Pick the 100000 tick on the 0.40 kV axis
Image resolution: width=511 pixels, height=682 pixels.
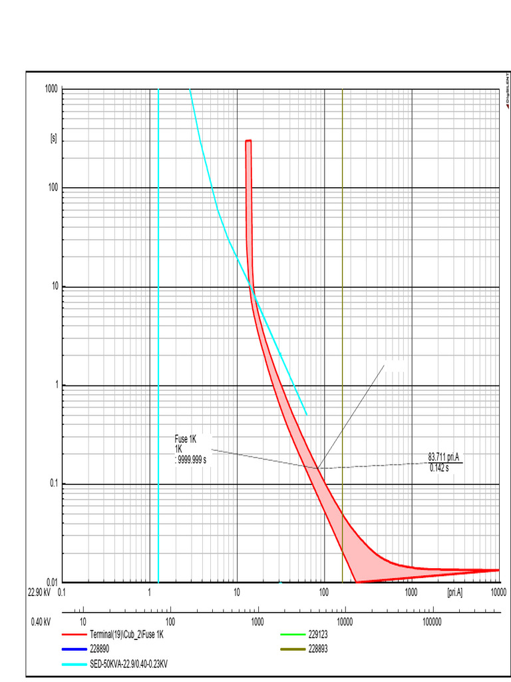[x=432, y=622]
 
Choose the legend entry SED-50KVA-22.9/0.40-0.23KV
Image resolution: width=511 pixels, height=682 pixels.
[x=129, y=664]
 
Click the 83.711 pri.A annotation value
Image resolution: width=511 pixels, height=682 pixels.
[x=444, y=457]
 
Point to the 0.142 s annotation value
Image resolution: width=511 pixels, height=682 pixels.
[x=439, y=467]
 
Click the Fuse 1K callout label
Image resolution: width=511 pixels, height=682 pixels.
[x=186, y=440]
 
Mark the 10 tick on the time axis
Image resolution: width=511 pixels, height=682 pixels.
[x=53, y=287]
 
